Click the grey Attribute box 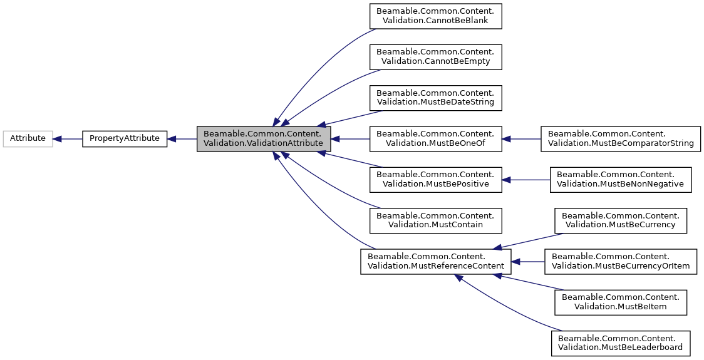tap(28, 138)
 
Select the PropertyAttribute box tap(125, 138)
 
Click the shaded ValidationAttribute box tap(263, 138)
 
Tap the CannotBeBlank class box tap(435, 16)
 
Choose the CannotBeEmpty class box tap(435, 57)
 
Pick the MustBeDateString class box tap(435, 97)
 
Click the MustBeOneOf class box tap(435, 138)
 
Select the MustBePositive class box tap(435, 179)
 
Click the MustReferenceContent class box tap(435, 261)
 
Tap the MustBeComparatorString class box tap(621, 138)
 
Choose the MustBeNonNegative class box tap(621, 179)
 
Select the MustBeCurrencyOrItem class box tap(621, 261)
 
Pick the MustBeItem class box tap(621, 302)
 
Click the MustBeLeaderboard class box tap(621, 343)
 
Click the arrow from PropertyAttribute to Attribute tap(68, 138)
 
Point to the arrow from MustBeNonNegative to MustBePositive tap(525, 179)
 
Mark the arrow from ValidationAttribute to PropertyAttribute tap(182, 138)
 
